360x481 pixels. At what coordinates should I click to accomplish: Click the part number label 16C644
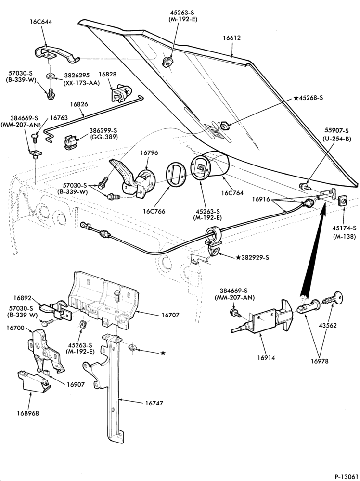coord(41,22)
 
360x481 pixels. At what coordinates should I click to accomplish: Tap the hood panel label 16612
coord(231,38)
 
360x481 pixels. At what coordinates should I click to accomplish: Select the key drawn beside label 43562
coord(333,299)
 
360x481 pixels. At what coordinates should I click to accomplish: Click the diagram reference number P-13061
coord(346,477)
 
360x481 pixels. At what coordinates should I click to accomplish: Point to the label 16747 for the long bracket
coord(154,403)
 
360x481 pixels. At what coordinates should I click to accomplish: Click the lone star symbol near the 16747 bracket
coord(163,353)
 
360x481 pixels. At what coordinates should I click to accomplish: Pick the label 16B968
coord(28,413)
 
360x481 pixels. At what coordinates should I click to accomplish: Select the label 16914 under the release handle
coord(266,358)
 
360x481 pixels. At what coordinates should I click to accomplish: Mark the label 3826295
coord(77,76)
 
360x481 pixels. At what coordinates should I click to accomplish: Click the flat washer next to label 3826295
coord(50,76)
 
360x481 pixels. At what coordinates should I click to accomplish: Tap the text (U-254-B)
coord(337,139)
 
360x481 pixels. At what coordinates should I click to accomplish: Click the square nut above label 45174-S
coord(343,201)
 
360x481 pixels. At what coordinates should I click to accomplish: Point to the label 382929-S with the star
coord(252,258)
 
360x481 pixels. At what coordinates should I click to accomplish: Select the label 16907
coord(75,384)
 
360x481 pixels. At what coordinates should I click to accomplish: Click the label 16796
coord(150,152)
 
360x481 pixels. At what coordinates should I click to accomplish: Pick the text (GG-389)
coord(103,137)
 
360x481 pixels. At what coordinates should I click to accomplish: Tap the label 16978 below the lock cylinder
coord(319,361)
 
